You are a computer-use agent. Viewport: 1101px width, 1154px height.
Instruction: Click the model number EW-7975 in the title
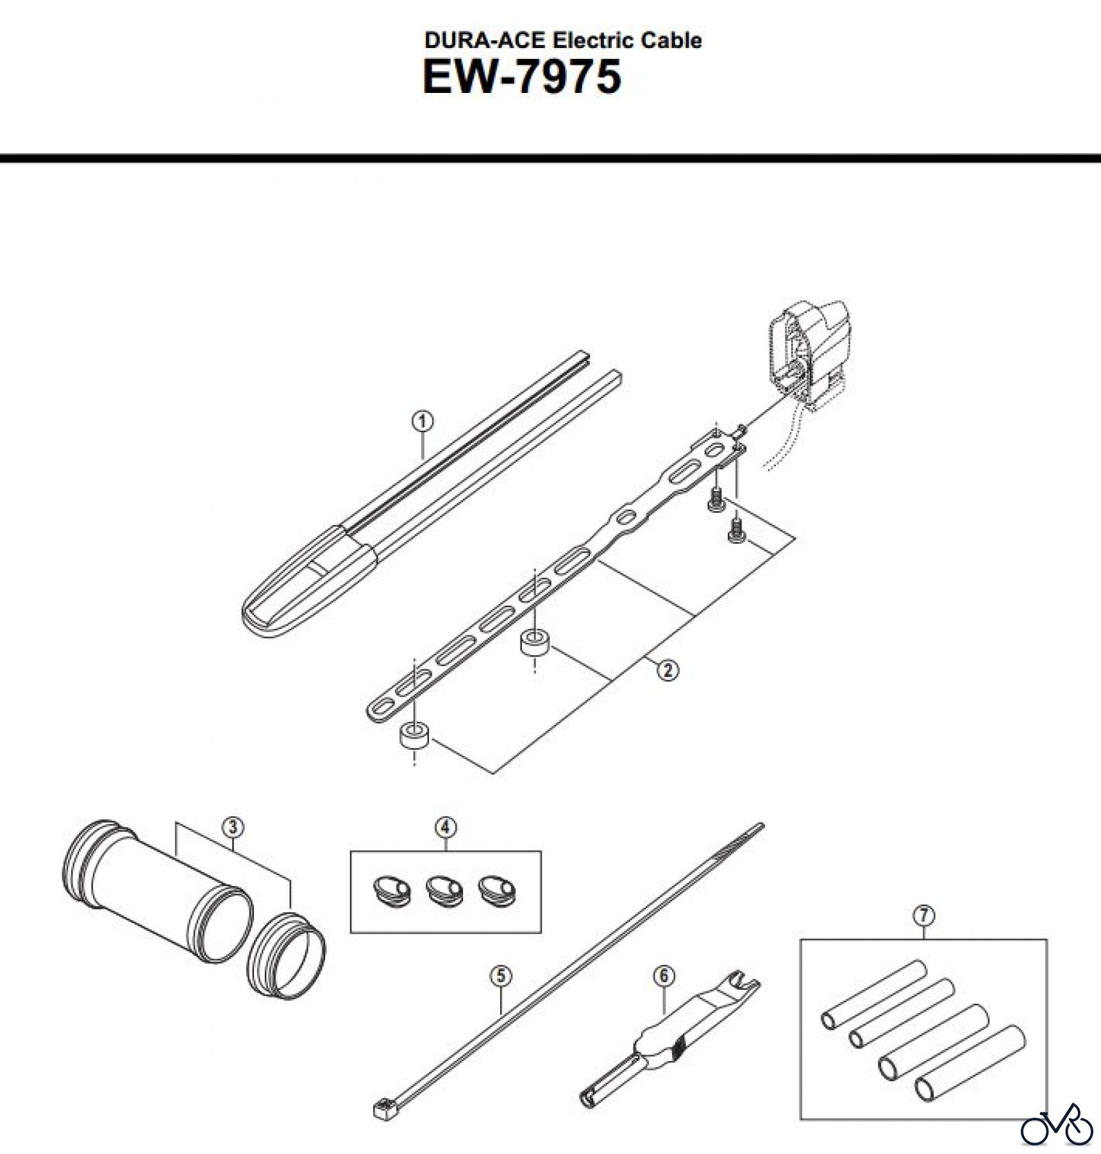pyautogui.click(x=522, y=77)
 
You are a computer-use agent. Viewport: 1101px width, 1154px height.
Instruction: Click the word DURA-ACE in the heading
pyautogui.click(x=484, y=40)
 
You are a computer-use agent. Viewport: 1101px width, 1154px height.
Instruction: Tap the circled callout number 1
pyautogui.click(x=422, y=421)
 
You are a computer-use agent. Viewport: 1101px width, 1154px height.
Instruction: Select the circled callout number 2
pyautogui.click(x=668, y=671)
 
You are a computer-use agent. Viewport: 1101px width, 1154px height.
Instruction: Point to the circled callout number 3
pyautogui.click(x=233, y=827)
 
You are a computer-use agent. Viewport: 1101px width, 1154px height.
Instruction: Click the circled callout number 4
pyautogui.click(x=446, y=828)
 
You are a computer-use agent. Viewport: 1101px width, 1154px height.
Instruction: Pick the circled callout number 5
pyautogui.click(x=501, y=976)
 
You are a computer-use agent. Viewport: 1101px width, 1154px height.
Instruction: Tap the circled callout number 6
pyautogui.click(x=664, y=976)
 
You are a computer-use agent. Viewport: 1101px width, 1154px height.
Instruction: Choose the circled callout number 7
pyautogui.click(x=923, y=916)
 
